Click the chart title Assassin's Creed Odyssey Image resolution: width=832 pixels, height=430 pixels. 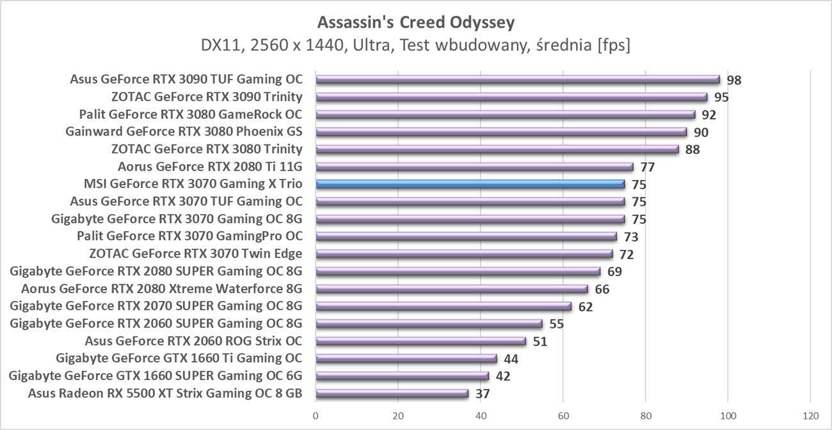[416, 23]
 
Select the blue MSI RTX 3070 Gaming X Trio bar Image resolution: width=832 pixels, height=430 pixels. [470, 185]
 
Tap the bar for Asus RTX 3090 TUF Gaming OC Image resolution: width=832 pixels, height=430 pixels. [517, 80]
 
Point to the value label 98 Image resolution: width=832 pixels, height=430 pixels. [734, 81]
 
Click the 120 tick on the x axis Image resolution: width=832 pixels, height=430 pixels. [810, 415]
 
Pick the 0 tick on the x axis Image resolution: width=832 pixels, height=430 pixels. [316, 415]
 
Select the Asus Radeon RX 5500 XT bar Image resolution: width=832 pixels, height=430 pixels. [392, 394]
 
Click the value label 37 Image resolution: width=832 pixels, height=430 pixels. [483, 394]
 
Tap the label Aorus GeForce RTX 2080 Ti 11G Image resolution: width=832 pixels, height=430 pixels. [210, 167]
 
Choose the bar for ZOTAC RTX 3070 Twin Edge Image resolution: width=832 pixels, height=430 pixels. [464, 254]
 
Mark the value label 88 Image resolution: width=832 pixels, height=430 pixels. [692, 150]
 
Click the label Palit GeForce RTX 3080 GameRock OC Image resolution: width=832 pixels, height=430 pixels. [191, 115]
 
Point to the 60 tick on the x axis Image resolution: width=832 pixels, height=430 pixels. [563, 415]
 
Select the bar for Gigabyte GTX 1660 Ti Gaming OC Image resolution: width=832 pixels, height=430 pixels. [406, 358]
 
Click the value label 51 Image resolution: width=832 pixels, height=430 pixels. [540, 341]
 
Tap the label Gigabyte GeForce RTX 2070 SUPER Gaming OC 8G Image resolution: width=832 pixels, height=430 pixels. [156, 306]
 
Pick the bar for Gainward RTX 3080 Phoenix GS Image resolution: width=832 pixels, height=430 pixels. [501, 132]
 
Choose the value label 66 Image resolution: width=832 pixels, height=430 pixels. [602, 289]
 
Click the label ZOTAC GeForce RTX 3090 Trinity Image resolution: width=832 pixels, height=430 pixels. [207, 97]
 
